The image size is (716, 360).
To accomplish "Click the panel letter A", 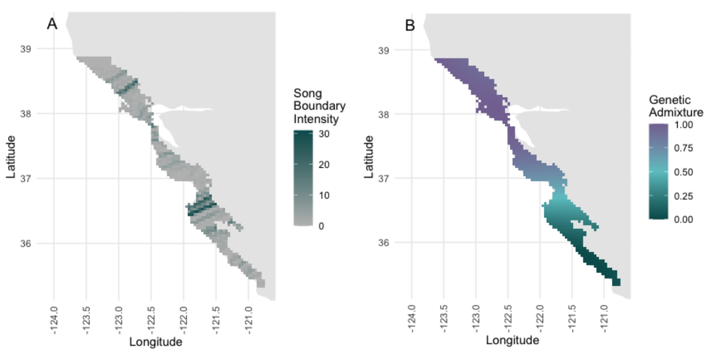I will [x=52, y=24].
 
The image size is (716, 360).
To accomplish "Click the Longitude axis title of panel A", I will [x=156, y=342].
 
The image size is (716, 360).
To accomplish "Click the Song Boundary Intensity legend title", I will [x=319, y=107].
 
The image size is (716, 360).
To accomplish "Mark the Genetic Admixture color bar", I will [x=658, y=172].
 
